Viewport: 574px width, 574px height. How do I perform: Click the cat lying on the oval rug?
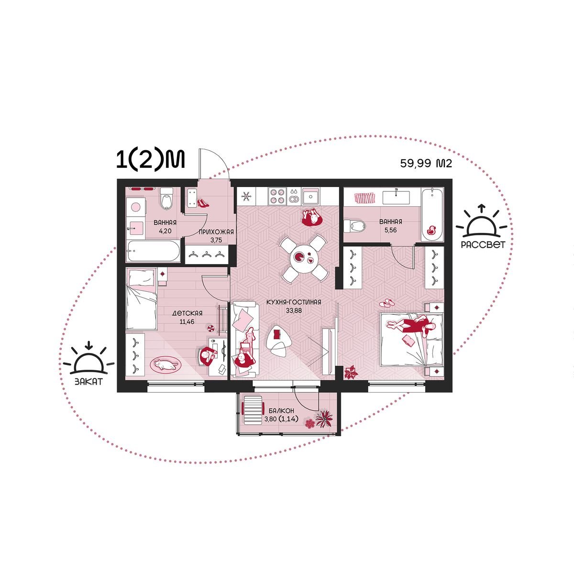pos(166,364)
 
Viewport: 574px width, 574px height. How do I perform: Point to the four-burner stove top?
pos(277,196)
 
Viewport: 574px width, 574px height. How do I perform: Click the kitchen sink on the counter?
pos(311,196)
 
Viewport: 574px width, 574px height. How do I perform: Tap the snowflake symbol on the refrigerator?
pos(246,196)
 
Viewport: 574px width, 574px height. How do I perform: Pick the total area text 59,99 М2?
pos(426,163)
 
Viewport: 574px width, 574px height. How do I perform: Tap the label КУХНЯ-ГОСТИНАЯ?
pos(294,302)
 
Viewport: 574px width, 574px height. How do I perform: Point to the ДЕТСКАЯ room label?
pos(188,313)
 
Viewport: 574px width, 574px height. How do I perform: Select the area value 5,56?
pos(390,230)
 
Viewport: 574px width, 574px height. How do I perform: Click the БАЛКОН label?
pos(281,411)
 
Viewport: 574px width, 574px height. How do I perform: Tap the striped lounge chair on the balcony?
pos(254,409)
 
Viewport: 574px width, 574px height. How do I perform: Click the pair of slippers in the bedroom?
pos(386,303)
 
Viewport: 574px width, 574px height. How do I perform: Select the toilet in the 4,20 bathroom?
pos(166,199)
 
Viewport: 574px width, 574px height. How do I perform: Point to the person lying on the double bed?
pos(411,325)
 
